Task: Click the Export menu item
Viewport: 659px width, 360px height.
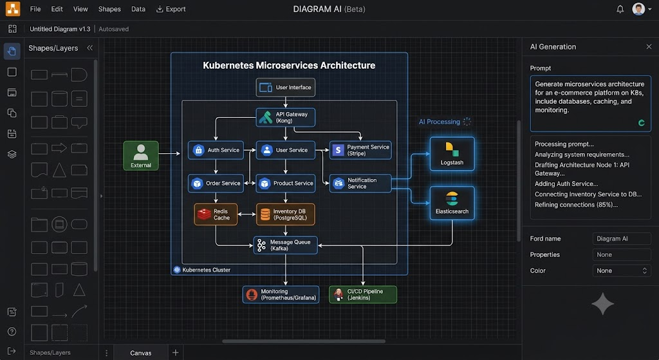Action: click(171, 9)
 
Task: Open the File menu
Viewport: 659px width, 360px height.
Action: click(35, 9)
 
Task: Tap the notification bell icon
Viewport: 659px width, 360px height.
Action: click(620, 9)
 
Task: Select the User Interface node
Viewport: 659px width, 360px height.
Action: click(285, 88)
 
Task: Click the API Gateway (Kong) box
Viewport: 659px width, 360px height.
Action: click(285, 117)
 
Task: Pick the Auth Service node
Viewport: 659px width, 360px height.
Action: click(216, 150)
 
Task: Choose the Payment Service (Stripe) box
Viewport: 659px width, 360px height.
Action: click(360, 150)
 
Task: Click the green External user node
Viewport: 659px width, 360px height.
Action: click(141, 156)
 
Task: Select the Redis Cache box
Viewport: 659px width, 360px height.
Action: click(216, 214)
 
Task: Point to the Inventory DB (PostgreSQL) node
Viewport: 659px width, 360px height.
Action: click(285, 214)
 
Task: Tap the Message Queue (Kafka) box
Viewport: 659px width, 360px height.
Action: click(285, 245)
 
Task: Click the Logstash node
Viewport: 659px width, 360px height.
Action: click(452, 154)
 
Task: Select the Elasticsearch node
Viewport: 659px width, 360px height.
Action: click(452, 203)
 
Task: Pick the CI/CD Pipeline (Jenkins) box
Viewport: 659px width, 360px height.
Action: click(363, 294)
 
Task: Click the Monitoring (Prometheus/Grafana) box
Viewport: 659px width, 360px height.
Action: click(281, 294)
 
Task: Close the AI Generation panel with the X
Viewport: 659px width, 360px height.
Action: click(649, 46)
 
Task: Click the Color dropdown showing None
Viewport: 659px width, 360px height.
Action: click(622, 271)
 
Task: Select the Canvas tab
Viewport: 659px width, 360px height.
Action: click(141, 353)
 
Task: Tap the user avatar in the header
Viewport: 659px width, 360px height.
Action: click(638, 9)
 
